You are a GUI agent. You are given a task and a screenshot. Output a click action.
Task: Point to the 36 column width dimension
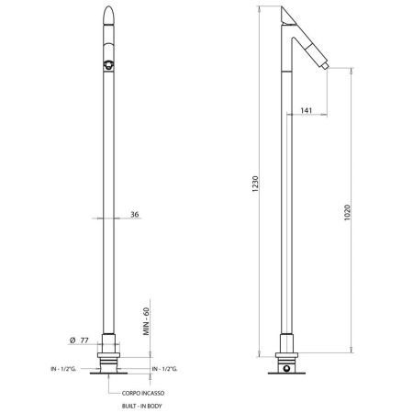[136, 215]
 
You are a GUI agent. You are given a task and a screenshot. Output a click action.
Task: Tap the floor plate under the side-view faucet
[289, 372]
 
